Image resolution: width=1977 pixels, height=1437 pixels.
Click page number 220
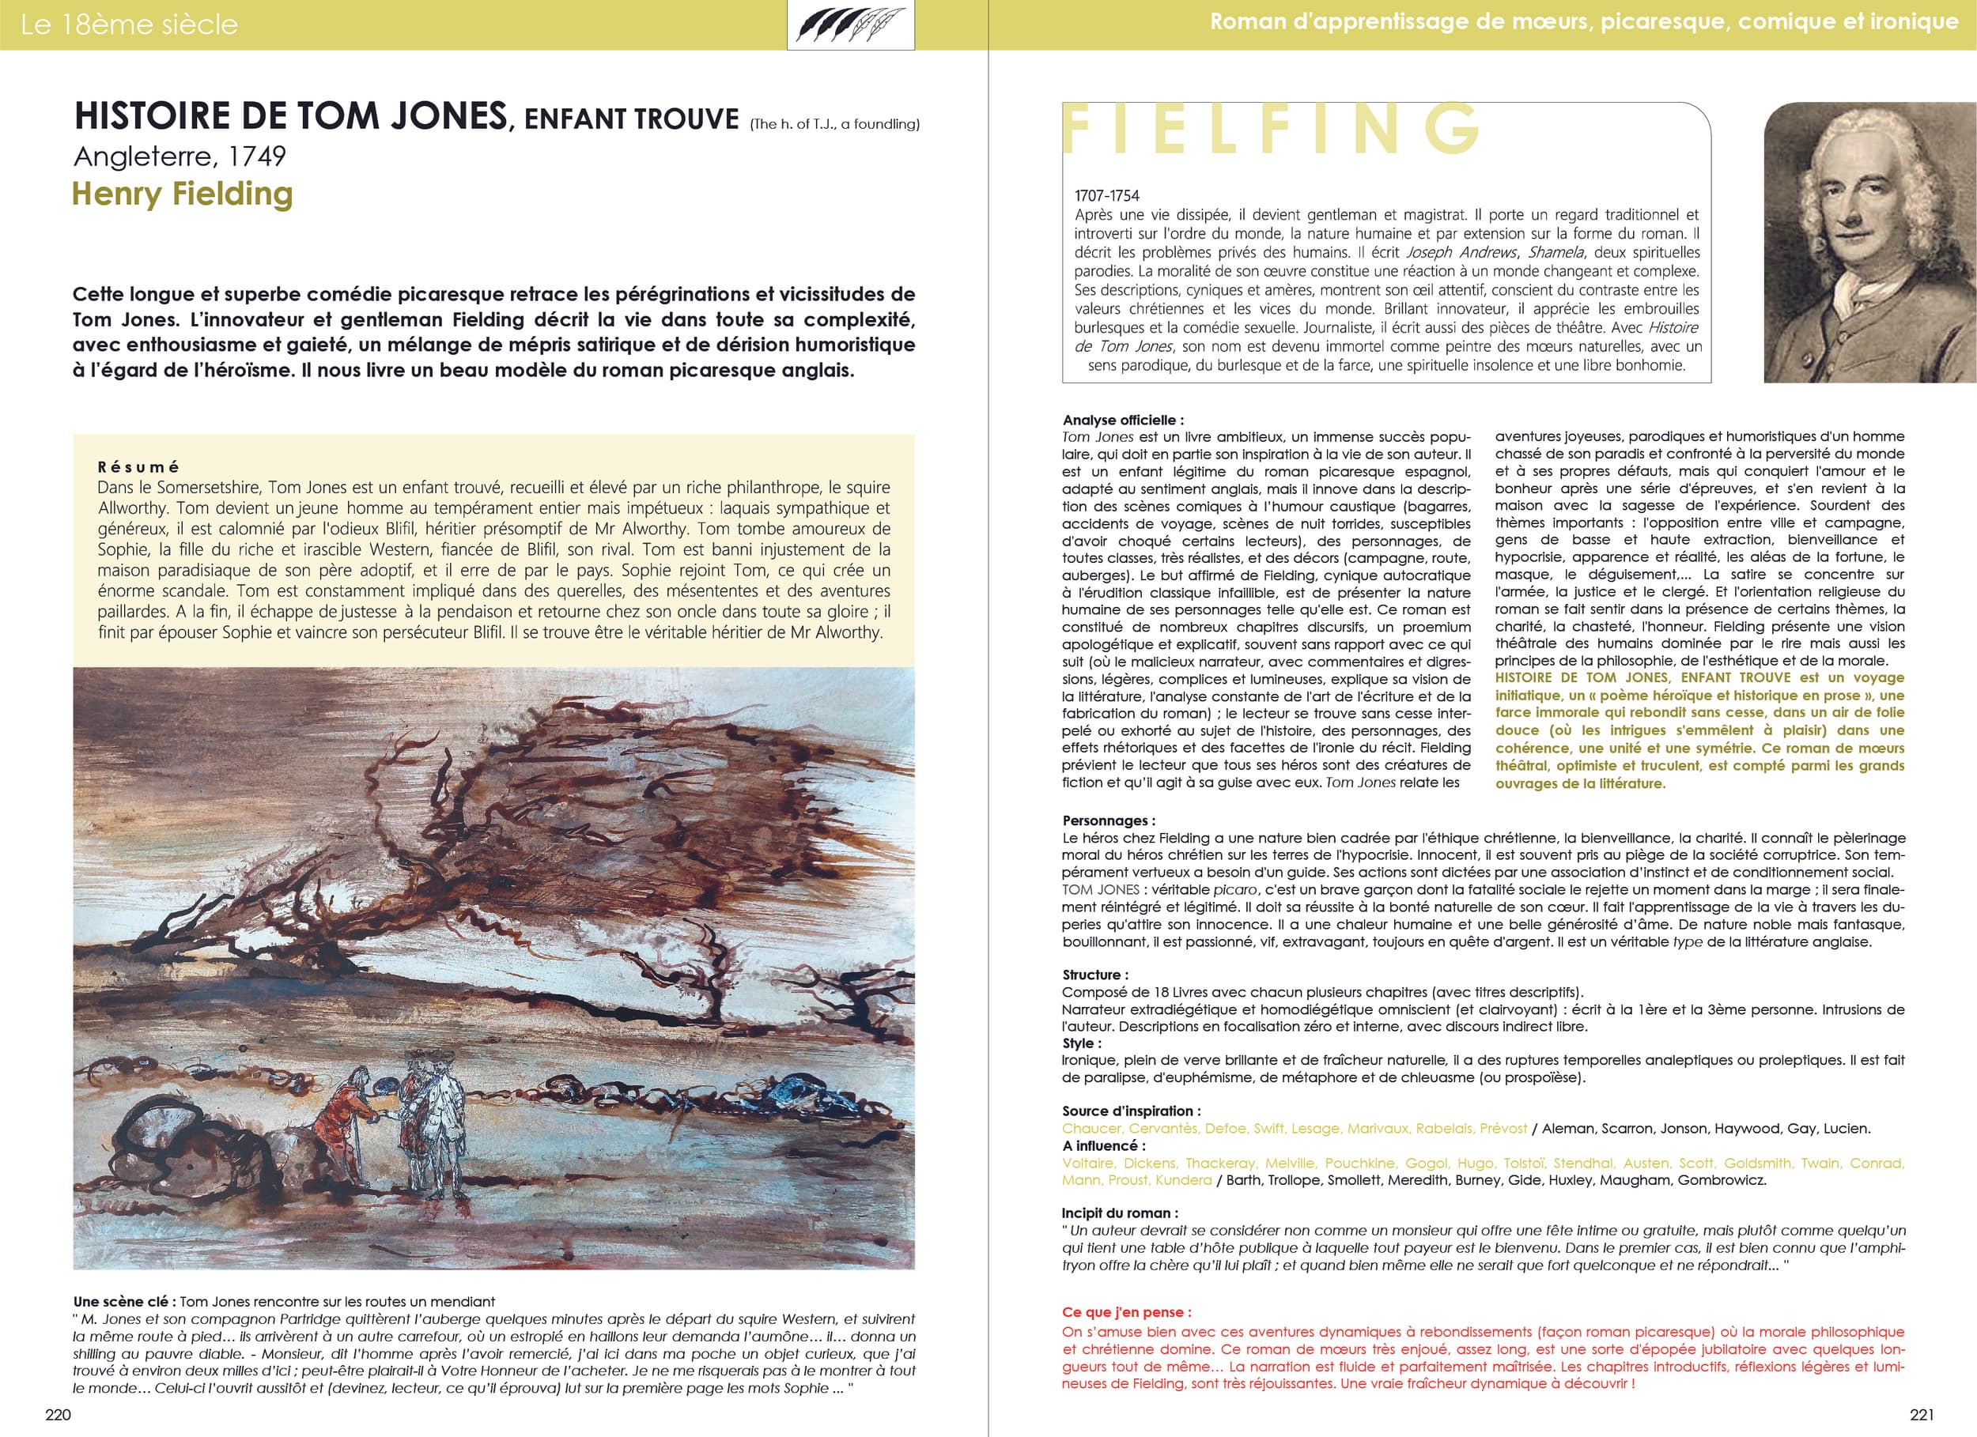(58, 1413)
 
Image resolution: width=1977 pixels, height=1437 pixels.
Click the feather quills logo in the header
(850, 25)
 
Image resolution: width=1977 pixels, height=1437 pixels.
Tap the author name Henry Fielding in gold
(182, 194)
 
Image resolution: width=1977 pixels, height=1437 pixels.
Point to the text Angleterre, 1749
(180, 156)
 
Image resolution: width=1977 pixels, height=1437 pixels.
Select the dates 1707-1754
(1106, 196)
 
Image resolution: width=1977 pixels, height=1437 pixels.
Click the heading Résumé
(138, 467)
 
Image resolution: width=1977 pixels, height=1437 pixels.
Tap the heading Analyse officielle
(1123, 420)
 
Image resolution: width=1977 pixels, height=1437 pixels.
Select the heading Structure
(1094, 975)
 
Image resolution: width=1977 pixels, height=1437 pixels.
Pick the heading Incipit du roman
(1119, 1213)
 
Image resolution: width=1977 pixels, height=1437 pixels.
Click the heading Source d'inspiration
(1131, 1111)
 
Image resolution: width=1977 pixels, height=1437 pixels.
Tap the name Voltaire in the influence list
(1087, 1163)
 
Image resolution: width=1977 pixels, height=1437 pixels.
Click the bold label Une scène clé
(123, 1301)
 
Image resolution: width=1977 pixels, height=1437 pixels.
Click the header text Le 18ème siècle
(129, 25)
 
